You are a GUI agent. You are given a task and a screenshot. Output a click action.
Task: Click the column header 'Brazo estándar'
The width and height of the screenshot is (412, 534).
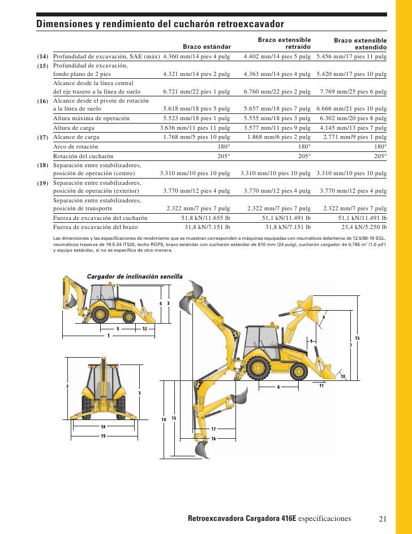[x=207, y=46]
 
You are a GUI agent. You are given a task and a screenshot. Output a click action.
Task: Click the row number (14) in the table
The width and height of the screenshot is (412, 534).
[x=42, y=57]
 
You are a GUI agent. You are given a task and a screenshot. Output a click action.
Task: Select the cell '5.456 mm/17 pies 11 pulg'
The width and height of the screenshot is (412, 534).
[x=351, y=57]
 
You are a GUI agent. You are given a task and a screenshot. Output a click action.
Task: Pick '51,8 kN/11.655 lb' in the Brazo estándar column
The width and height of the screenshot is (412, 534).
[x=205, y=218]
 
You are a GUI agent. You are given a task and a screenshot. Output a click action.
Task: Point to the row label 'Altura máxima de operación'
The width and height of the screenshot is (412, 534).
[x=91, y=118]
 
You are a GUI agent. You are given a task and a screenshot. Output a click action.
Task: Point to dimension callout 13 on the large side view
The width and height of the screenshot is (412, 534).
[x=357, y=338]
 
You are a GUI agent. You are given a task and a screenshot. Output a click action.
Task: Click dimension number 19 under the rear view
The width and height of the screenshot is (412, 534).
[x=104, y=435]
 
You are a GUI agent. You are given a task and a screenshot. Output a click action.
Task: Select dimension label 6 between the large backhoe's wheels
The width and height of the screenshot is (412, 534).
[x=278, y=387]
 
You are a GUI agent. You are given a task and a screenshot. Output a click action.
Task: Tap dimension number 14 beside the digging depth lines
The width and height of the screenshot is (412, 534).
[x=164, y=419]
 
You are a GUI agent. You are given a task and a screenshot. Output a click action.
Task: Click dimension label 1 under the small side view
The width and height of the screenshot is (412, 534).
[x=108, y=336]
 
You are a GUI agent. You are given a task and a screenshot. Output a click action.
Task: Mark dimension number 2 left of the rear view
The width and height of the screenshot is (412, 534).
[x=67, y=386]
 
